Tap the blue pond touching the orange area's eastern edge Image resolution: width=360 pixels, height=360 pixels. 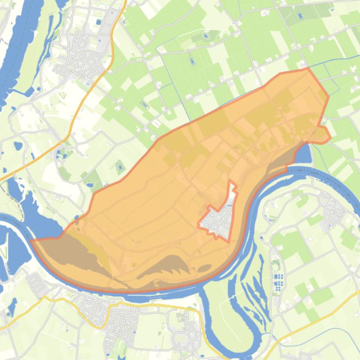(303, 154)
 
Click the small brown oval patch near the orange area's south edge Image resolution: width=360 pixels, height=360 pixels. (205, 268)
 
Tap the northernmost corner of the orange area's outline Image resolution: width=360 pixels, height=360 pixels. (308, 69)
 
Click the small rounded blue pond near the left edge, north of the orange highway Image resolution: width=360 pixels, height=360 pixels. (18, 145)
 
